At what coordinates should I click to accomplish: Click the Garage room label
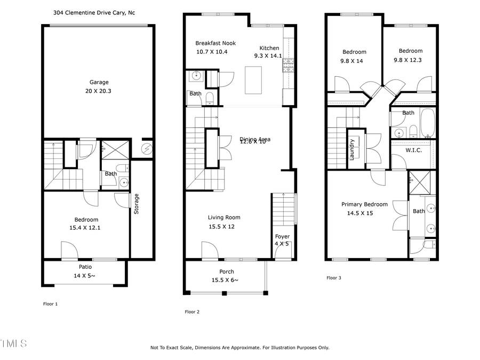(x=99, y=82)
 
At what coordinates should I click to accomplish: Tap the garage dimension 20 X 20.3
(x=99, y=91)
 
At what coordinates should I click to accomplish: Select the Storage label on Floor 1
(x=137, y=204)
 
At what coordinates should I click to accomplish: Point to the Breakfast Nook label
(x=215, y=43)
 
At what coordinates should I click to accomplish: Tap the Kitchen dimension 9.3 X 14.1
(x=270, y=55)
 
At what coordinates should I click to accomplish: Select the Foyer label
(x=282, y=236)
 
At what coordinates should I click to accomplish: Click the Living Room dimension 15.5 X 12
(x=221, y=226)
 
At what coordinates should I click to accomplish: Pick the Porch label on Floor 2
(x=227, y=271)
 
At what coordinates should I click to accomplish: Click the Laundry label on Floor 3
(x=352, y=149)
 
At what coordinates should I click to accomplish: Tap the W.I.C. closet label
(x=413, y=150)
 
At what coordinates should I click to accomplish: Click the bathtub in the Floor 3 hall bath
(x=428, y=124)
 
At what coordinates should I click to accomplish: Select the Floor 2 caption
(x=192, y=312)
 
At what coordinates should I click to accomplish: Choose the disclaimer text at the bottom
(x=239, y=348)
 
